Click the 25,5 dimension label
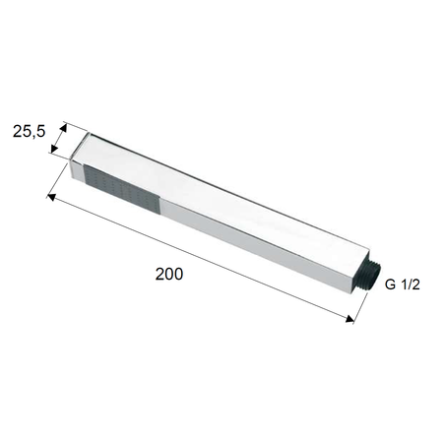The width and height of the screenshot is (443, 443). click(x=29, y=132)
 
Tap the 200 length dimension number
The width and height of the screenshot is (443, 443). click(x=169, y=274)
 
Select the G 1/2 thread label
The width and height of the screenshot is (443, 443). click(x=402, y=285)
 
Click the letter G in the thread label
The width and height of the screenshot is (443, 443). click(x=390, y=285)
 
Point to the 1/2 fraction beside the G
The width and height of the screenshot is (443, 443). click(x=411, y=285)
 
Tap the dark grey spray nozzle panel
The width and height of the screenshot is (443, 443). click(x=121, y=189)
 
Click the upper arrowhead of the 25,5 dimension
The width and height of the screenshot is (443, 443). click(x=63, y=127)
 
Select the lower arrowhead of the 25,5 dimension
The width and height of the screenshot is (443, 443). click(x=54, y=149)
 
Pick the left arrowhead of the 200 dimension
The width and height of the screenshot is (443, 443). click(x=51, y=197)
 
